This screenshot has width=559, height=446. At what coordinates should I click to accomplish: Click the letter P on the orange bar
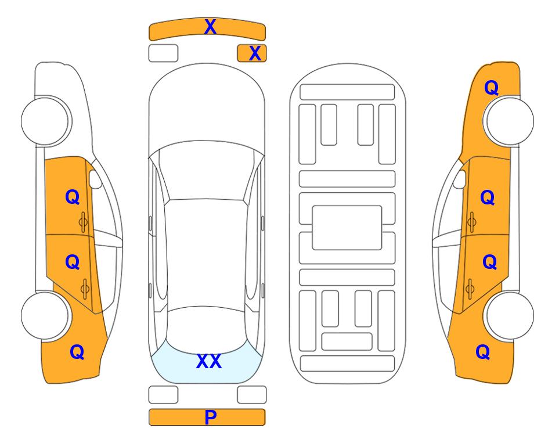(x=210, y=417)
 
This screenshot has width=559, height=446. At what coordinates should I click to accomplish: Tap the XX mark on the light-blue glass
(x=209, y=361)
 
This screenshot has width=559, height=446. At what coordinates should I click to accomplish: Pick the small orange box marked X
(x=252, y=53)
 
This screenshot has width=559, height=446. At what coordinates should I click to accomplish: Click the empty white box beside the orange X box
(x=163, y=53)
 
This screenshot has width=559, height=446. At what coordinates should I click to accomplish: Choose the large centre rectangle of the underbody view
(x=347, y=228)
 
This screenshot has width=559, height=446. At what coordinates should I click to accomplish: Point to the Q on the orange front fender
(x=491, y=88)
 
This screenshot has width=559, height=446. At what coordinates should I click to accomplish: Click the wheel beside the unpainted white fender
(x=45, y=121)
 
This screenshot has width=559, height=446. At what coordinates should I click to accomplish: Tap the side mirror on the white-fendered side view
(x=95, y=179)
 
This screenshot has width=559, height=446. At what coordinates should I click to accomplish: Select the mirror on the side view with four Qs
(x=460, y=179)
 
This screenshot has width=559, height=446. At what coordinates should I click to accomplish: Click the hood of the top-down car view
(x=207, y=107)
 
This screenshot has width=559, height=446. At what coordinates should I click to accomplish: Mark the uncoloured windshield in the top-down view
(x=207, y=171)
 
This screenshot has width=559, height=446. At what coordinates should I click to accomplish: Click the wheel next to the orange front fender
(x=510, y=121)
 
